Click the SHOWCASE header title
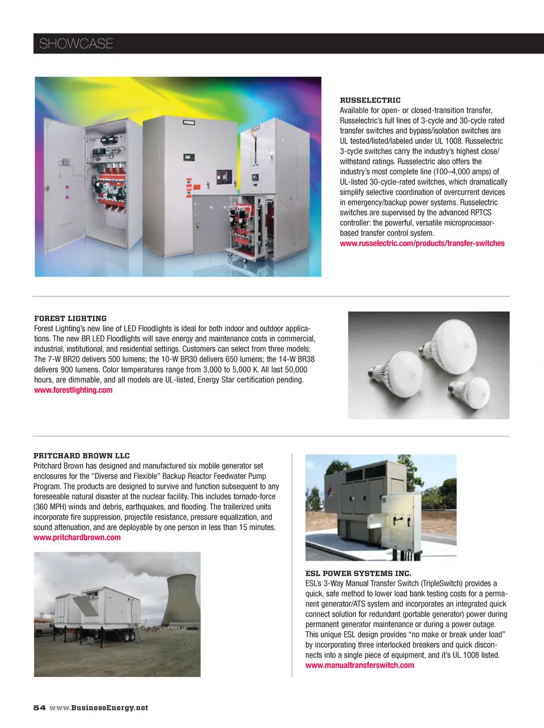pos(76,44)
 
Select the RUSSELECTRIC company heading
pos(370,100)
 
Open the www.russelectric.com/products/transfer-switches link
pos(422,243)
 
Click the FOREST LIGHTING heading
pos(70,319)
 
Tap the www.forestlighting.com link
pos(73,390)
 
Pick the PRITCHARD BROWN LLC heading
pos(81,456)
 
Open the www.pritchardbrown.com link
pos(77,537)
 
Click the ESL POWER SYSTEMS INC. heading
pos(358,573)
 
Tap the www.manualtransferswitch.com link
pos(360,665)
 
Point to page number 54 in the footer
pos(39,708)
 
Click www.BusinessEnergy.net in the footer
pos(99,708)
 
